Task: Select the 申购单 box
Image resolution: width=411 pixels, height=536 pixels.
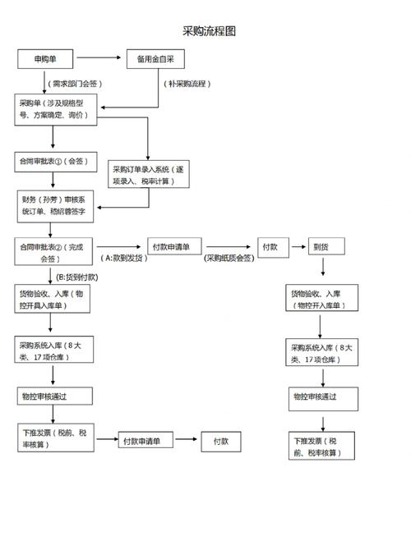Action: (46, 59)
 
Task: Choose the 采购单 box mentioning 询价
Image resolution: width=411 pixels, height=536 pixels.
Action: (56, 110)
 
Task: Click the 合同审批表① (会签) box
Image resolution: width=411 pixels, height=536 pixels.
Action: (53, 160)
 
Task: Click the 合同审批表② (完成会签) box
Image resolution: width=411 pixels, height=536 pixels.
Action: (54, 252)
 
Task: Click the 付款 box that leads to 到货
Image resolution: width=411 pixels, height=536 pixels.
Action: (270, 246)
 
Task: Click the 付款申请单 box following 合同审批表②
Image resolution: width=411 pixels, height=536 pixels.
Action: (174, 246)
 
